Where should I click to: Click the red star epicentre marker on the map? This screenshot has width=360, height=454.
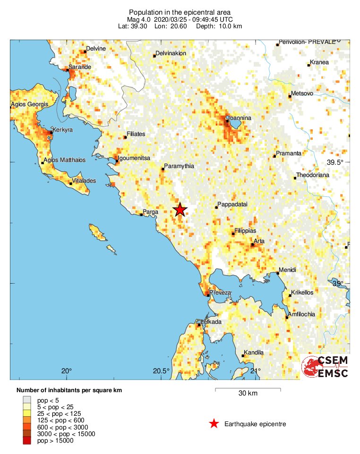180,210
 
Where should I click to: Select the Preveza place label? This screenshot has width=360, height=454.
221,293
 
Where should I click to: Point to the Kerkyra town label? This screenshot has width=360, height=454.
63,130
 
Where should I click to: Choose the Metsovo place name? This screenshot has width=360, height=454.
302,93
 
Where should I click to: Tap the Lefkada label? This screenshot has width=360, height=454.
211,322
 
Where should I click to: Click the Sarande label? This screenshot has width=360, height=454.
80,67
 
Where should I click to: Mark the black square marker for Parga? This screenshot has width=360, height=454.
141,215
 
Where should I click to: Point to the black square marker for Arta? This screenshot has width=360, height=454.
252,244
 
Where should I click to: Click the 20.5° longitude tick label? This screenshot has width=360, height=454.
161,370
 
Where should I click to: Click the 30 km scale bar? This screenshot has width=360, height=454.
248,390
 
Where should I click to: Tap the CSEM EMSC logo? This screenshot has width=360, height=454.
325,367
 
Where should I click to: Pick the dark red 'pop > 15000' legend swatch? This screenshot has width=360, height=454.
26,441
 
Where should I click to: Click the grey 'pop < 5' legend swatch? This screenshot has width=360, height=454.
26,400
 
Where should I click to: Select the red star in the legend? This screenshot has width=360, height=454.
214,424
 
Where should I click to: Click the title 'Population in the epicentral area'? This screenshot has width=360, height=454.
180,12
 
